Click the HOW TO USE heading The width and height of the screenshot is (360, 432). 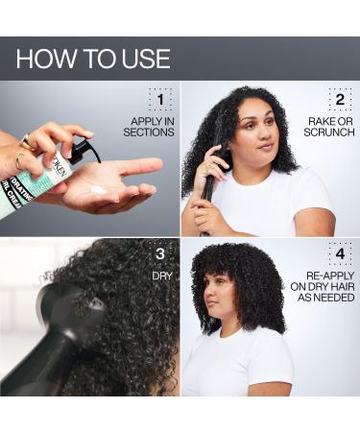click(x=93, y=59)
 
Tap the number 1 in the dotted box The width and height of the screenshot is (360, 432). click(x=159, y=99)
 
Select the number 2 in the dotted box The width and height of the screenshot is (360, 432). click(x=339, y=99)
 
